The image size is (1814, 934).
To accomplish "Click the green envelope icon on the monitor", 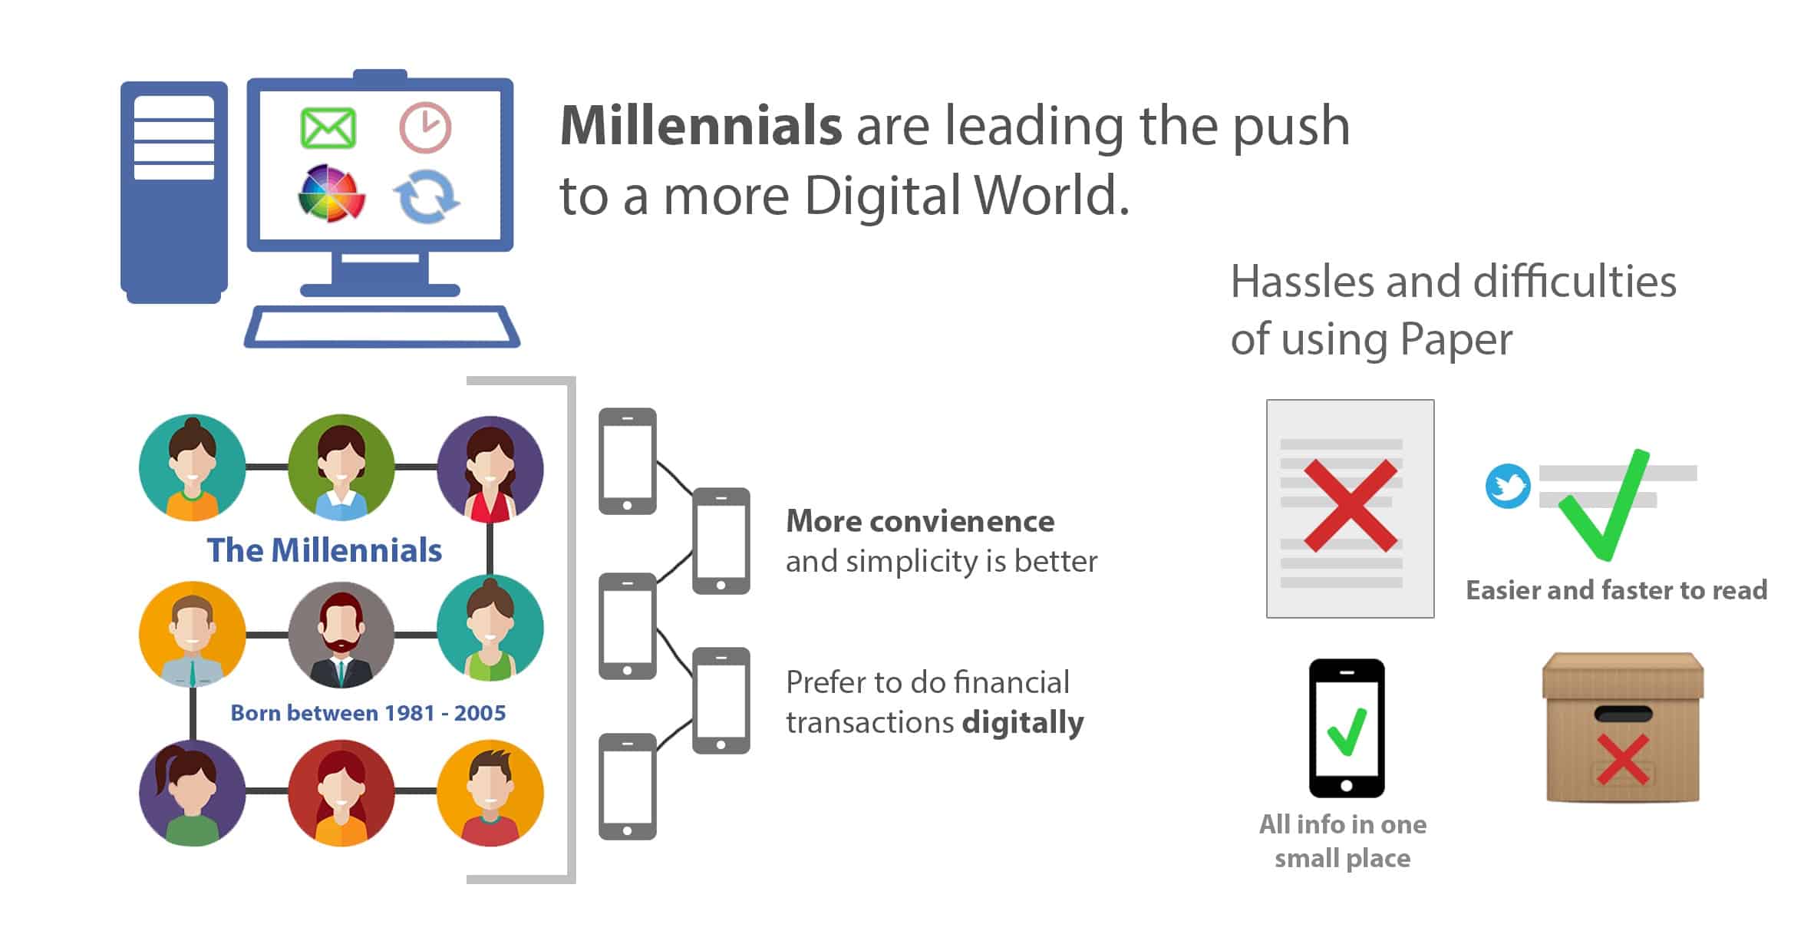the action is (x=328, y=127).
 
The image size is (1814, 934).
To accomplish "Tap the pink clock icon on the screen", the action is (x=425, y=127).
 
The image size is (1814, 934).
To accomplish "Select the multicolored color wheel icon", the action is (x=331, y=193).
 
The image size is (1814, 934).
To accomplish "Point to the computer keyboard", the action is (x=381, y=327).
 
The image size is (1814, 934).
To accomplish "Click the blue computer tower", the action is (x=174, y=192).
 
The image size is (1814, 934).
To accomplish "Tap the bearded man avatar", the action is (x=341, y=635).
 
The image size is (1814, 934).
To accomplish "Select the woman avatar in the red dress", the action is (x=490, y=469).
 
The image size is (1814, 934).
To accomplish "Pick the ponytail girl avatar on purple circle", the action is (x=192, y=793).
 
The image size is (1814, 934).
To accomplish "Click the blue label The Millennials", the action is (x=325, y=550).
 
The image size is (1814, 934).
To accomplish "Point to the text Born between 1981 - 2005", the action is (x=368, y=713).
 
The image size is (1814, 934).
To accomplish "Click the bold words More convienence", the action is (x=920, y=521).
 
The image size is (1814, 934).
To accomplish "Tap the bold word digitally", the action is (x=1023, y=723).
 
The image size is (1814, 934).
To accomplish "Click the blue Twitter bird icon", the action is (x=1508, y=486).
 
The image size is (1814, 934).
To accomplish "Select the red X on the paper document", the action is (x=1351, y=506).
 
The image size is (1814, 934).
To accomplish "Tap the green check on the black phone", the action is (x=1347, y=731).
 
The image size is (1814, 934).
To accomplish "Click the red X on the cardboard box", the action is (x=1622, y=759).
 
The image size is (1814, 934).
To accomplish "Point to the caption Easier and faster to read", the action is (x=1617, y=590).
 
